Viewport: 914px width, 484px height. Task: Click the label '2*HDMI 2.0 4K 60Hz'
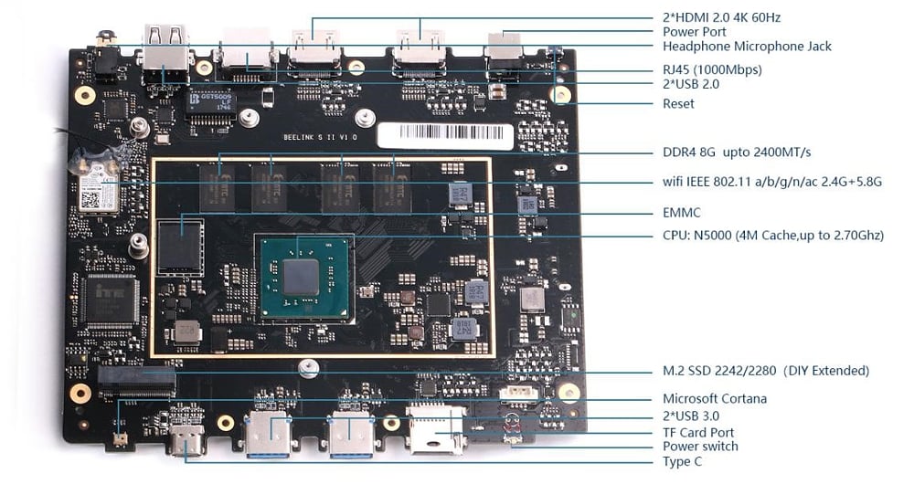tap(721, 17)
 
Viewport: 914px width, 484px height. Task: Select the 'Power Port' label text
tap(695, 32)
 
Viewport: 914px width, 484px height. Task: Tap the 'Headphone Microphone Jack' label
tap(747, 46)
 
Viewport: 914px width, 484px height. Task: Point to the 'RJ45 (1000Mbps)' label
tap(712, 69)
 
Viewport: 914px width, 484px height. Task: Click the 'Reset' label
tap(678, 103)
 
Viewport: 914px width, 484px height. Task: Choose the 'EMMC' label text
tap(682, 213)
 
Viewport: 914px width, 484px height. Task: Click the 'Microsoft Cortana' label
tap(715, 398)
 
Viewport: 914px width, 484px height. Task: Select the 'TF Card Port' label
tap(698, 432)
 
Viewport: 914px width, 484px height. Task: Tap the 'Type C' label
tap(682, 461)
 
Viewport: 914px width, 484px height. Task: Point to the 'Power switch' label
tap(700, 447)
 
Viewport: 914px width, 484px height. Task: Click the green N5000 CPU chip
tap(302, 276)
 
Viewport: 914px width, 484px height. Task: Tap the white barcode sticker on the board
tap(445, 136)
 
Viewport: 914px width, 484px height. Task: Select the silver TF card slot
tap(435, 432)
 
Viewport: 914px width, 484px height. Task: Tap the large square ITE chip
tap(110, 300)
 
